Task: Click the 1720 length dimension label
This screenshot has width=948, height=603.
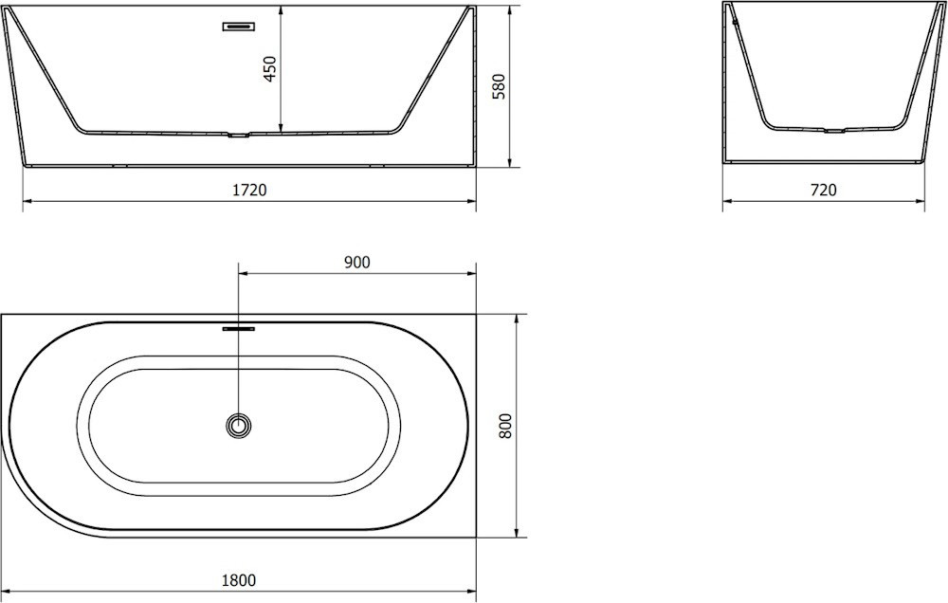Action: (249, 190)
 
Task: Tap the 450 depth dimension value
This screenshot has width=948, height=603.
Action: (269, 68)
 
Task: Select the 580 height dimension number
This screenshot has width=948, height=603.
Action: (499, 86)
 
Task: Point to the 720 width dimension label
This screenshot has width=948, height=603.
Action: (824, 190)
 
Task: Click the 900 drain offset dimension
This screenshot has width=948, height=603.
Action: (356, 262)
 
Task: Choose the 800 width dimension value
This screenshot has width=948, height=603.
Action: (505, 426)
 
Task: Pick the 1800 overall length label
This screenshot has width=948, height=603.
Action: (239, 580)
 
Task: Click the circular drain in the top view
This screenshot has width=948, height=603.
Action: (239, 426)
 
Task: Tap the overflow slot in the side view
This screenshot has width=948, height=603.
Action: (239, 26)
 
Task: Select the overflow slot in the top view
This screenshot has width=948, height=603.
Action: (239, 329)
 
